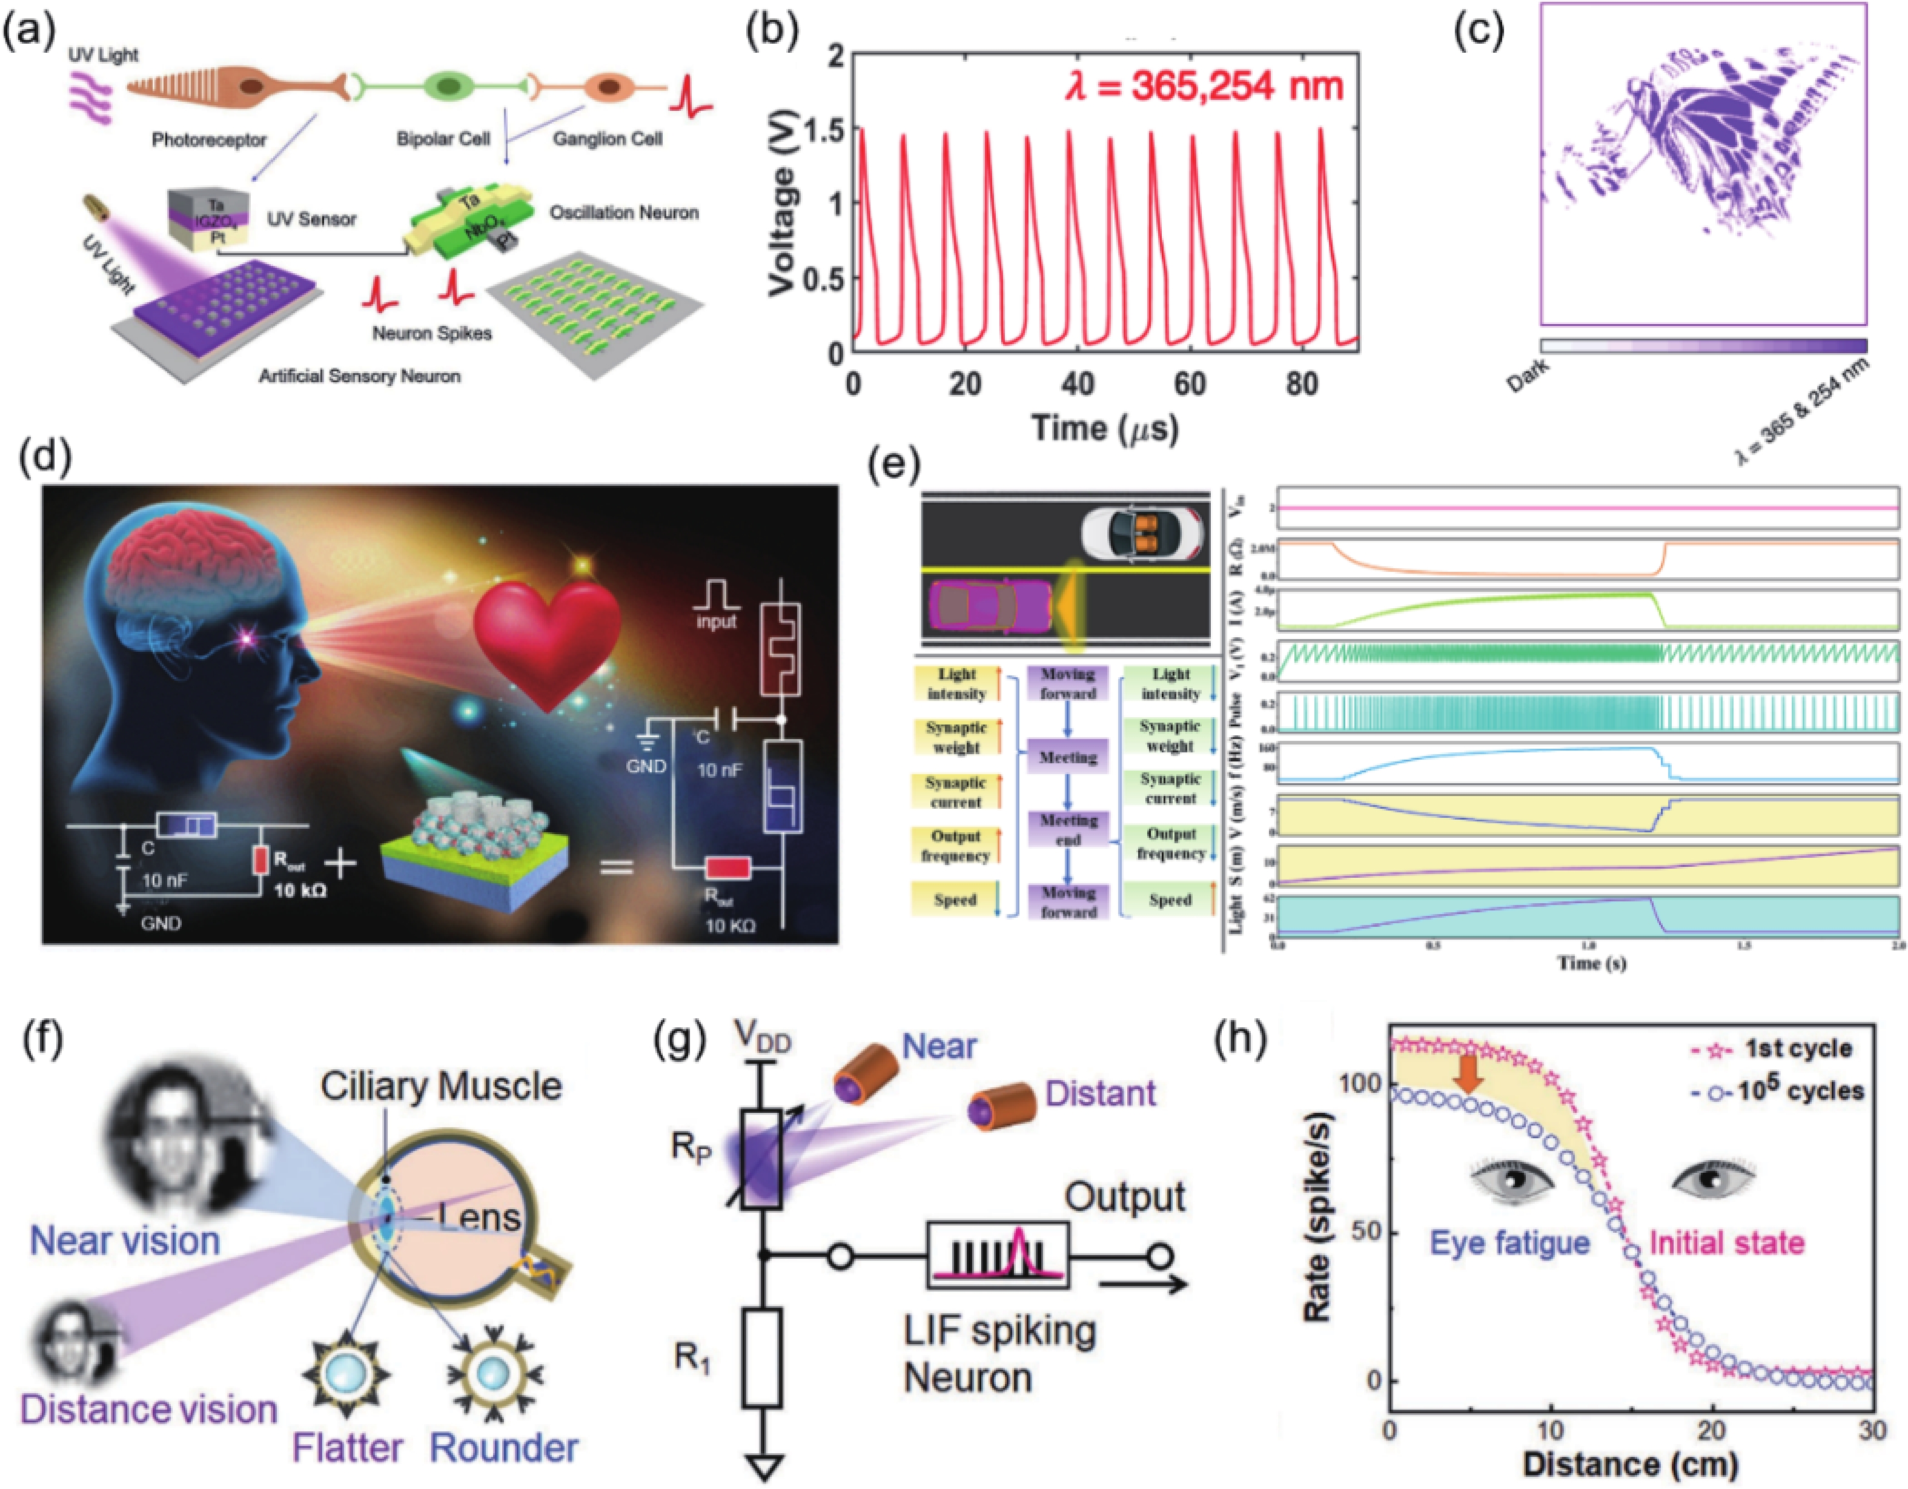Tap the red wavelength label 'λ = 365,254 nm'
1204,87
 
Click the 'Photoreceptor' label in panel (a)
209,140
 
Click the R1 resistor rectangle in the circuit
762,1357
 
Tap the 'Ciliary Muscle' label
440,1086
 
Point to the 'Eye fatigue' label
1509,1242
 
